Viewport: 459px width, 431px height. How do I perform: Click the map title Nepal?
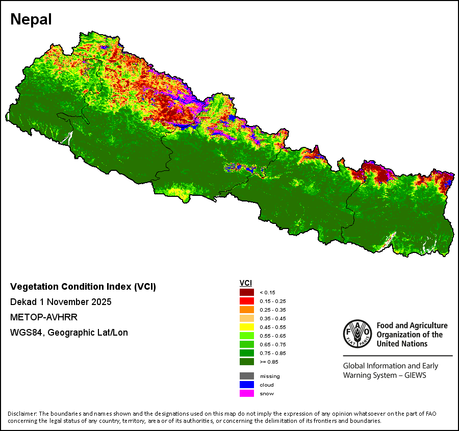[x=31, y=19]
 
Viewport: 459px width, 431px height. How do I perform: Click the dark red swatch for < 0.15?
[x=246, y=292]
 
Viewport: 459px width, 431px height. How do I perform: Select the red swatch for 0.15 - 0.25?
[x=246, y=301]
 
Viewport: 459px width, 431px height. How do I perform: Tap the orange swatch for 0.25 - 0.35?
[x=246, y=310]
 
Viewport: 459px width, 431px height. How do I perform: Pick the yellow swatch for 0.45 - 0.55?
[x=246, y=327]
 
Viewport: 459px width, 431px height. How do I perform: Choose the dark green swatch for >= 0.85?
[x=246, y=362]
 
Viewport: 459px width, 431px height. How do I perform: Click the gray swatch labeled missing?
[x=246, y=376]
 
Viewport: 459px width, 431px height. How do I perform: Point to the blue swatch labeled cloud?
[x=246, y=385]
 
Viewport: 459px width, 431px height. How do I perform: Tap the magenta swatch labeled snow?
[x=246, y=393]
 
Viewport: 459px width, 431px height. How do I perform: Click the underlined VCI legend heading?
[x=245, y=283]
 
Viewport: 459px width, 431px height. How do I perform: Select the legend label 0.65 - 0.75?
[x=273, y=345]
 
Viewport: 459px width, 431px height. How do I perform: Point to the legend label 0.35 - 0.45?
[x=273, y=319]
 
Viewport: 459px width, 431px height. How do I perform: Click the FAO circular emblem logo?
[x=357, y=334]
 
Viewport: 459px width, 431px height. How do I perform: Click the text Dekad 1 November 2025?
[x=61, y=302]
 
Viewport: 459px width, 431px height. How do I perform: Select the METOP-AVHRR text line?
[x=44, y=317]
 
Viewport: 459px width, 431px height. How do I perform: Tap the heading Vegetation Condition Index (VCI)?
[x=83, y=287]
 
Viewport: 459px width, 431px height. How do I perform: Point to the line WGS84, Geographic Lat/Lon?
[x=69, y=333]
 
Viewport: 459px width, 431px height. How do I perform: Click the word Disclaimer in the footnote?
[x=22, y=413]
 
